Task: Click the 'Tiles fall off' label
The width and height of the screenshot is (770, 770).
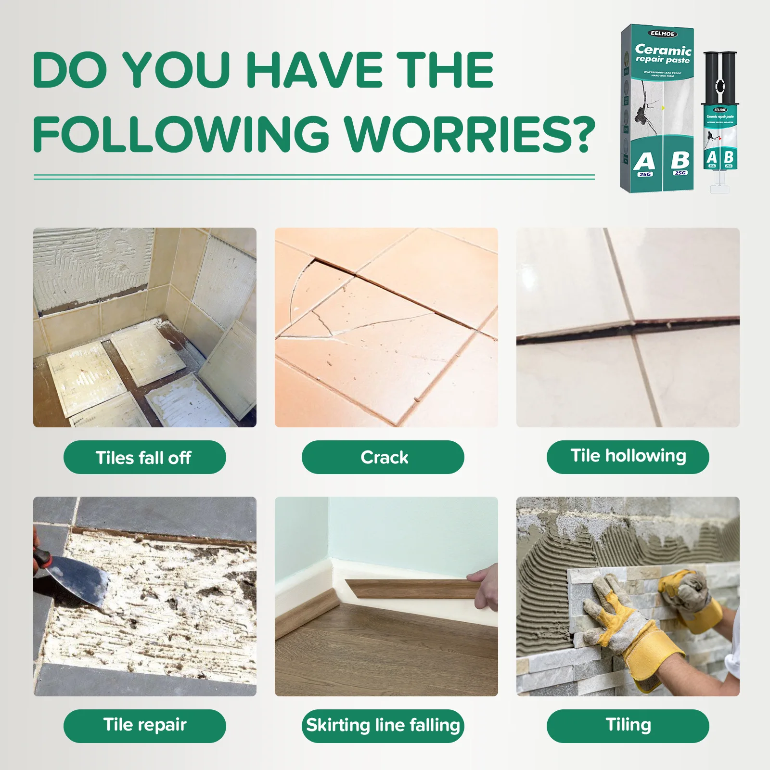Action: click(x=144, y=457)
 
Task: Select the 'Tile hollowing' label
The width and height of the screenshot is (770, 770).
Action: click(x=628, y=456)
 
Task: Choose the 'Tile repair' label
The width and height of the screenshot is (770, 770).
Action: click(x=144, y=725)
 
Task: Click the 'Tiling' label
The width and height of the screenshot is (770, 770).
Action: click(x=628, y=725)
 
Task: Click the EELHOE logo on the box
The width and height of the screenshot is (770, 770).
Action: click(x=663, y=34)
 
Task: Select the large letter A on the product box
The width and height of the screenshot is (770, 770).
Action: click(x=644, y=162)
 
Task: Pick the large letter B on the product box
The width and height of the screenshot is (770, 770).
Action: click(x=680, y=160)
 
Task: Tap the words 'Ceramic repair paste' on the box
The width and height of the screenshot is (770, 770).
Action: click(x=663, y=54)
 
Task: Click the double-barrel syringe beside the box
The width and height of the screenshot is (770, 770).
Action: click(x=719, y=120)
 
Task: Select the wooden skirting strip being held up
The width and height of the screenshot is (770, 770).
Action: click(x=409, y=588)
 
